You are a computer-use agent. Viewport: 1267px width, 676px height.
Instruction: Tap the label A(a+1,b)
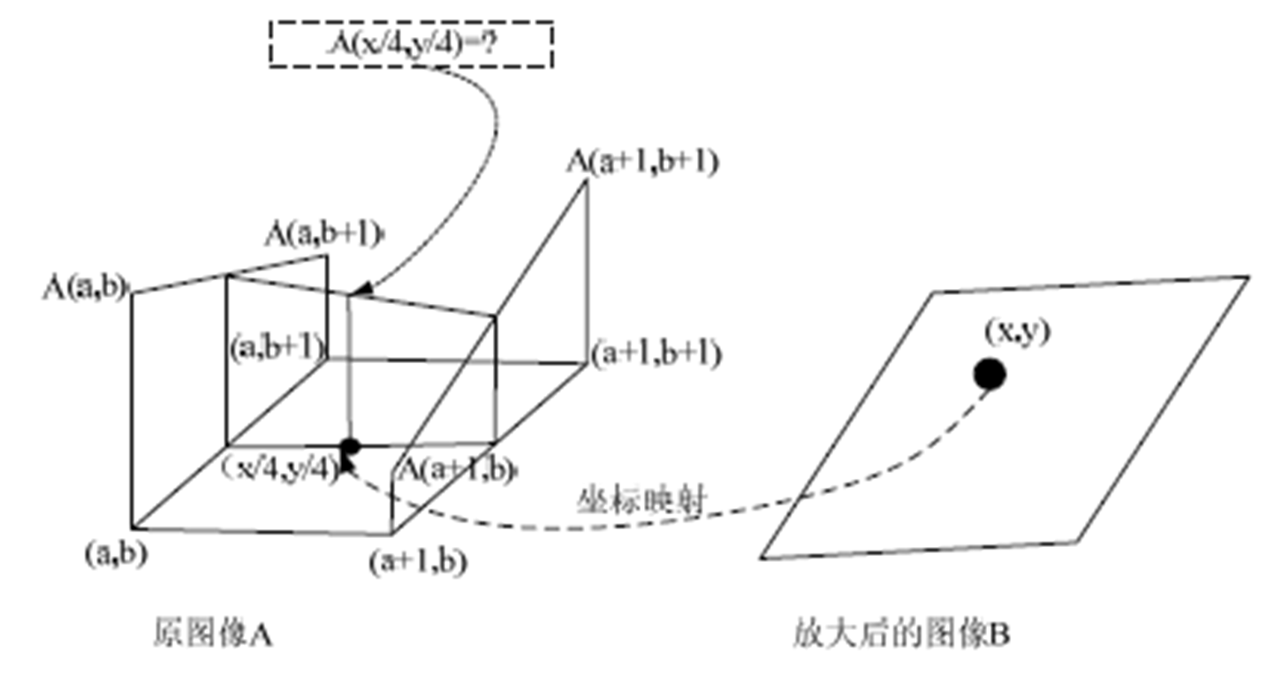click(457, 469)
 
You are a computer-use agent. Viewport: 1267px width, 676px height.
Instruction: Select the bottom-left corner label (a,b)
click(116, 554)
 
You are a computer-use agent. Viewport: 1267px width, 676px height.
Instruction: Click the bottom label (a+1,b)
click(418, 561)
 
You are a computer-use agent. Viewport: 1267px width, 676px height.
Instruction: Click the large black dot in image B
click(990, 375)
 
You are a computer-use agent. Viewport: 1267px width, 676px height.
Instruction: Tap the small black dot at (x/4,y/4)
click(351, 447)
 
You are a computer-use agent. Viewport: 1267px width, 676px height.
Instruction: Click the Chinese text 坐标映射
click(641, 502)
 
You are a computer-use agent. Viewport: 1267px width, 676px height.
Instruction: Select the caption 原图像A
click(212, 633)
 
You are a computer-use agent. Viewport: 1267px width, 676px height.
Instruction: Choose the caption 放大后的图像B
click(900, 634)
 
